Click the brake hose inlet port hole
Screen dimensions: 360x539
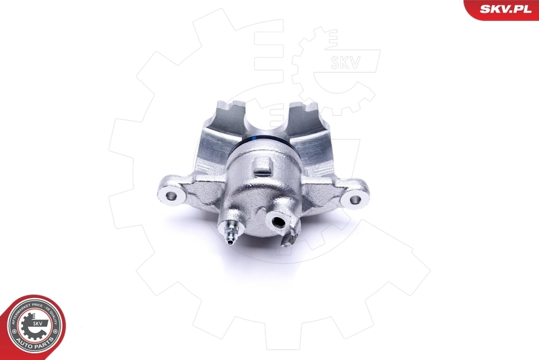click(x=277, y=219)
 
